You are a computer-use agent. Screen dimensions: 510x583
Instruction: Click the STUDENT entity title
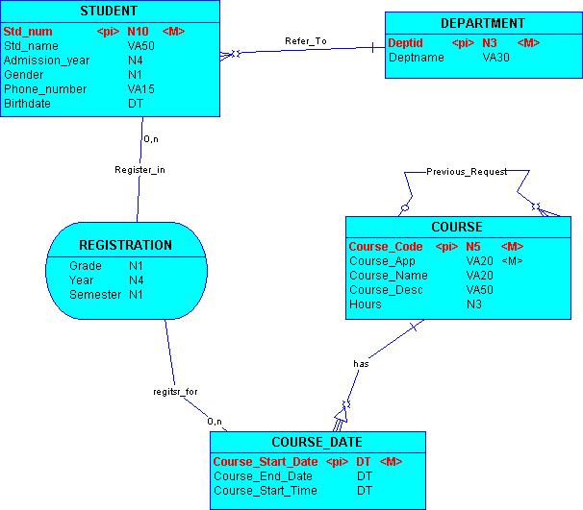pyautogui.click(x=108, y=12)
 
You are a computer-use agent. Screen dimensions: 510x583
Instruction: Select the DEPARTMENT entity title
pyautogui.click(x=482, y=23)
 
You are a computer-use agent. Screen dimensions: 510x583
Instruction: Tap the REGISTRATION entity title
pyautogui.click(x=125, y=245)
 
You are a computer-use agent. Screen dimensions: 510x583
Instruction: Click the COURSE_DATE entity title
pyautogui.click(x=317, y=443)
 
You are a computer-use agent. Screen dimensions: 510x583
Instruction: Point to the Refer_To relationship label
pyautogui.click(x=306, y=41)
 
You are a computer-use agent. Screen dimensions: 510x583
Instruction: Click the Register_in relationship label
pyautogui.click(x=140, y=170)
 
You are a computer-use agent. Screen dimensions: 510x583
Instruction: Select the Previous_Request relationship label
pyautogui.click(x=467, y=171)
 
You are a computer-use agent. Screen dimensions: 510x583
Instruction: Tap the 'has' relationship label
pyautogui.click(x=361, y=364)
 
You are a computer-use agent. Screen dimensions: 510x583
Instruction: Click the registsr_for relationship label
pyautogui.click(x=175, y=392)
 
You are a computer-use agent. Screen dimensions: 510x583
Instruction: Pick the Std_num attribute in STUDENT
pyautogui.click(x=28, y=32)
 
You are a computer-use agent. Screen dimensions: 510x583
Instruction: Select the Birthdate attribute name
pyautogui.click(x=27, y=104)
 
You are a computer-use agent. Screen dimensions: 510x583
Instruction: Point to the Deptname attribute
pyautogui.click(x=416, y=58)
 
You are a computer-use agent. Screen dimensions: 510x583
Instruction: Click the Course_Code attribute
pyautogui.click(x=385, y=247)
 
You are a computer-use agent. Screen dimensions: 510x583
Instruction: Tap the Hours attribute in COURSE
pyautogui.click(x=365, y=304)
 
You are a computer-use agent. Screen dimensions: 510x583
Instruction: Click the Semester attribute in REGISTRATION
pyautogui.click(x=95, y=295)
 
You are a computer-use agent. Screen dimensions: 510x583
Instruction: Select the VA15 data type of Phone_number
pyautogui.click(x=141, y=89)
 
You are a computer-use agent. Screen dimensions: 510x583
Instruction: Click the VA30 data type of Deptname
pyautogui.click(x=495, y=58)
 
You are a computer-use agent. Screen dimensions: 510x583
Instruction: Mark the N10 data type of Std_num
pyautogui.click(x=138, y=32)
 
